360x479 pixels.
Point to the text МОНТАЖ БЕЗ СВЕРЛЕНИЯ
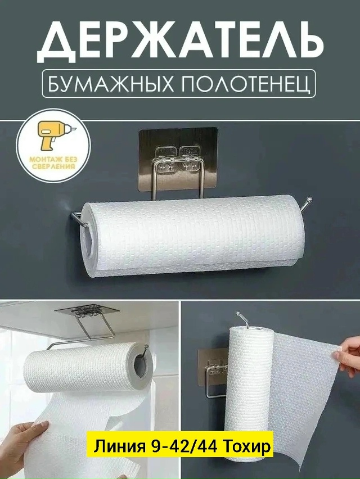click(x=53, y=164)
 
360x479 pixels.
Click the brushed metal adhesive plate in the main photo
click(x=178, y=156)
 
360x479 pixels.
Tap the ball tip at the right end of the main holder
click(x=309, y=200)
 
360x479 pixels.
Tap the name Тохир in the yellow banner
click(x=247, y=447)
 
